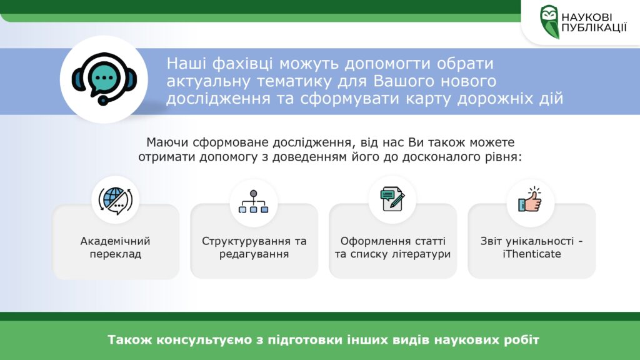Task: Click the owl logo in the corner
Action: (549, 22)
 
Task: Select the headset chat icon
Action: (104, 79)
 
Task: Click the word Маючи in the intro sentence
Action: (167, 142)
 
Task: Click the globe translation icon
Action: (116, 201)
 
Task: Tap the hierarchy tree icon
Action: (254, 202)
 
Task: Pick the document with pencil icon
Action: (392, 199)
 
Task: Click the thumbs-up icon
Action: (530, 199)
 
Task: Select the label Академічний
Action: (116, 241)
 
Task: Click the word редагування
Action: (254, 254)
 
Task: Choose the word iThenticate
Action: (532, 254)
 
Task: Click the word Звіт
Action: (492, 241)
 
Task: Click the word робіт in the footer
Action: (524, 339)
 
